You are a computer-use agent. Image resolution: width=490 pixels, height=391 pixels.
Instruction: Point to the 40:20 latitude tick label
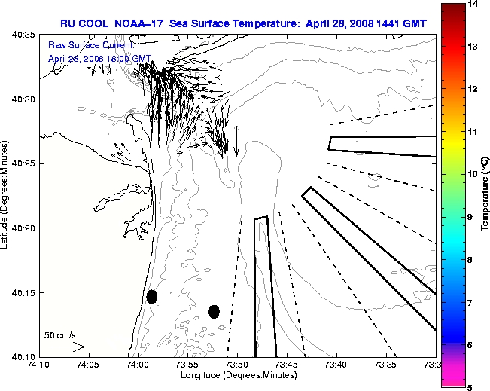point(23,228)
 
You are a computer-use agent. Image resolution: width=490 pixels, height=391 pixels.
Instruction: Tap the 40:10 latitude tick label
point(23,356)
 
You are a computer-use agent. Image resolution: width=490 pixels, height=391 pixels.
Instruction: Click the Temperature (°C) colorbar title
point(485,196)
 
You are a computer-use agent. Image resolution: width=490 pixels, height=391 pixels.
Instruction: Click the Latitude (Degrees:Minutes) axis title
point(7,195)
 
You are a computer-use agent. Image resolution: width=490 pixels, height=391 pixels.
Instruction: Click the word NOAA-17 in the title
point(140,23)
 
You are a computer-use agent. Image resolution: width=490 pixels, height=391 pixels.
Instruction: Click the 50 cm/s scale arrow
point(67,347)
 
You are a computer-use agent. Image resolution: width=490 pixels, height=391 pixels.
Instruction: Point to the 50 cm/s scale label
point(60,335)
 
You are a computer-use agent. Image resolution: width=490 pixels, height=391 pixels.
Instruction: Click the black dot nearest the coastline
point(152,296)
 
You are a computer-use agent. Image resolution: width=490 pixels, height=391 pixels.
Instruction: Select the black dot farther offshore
point(214,311)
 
